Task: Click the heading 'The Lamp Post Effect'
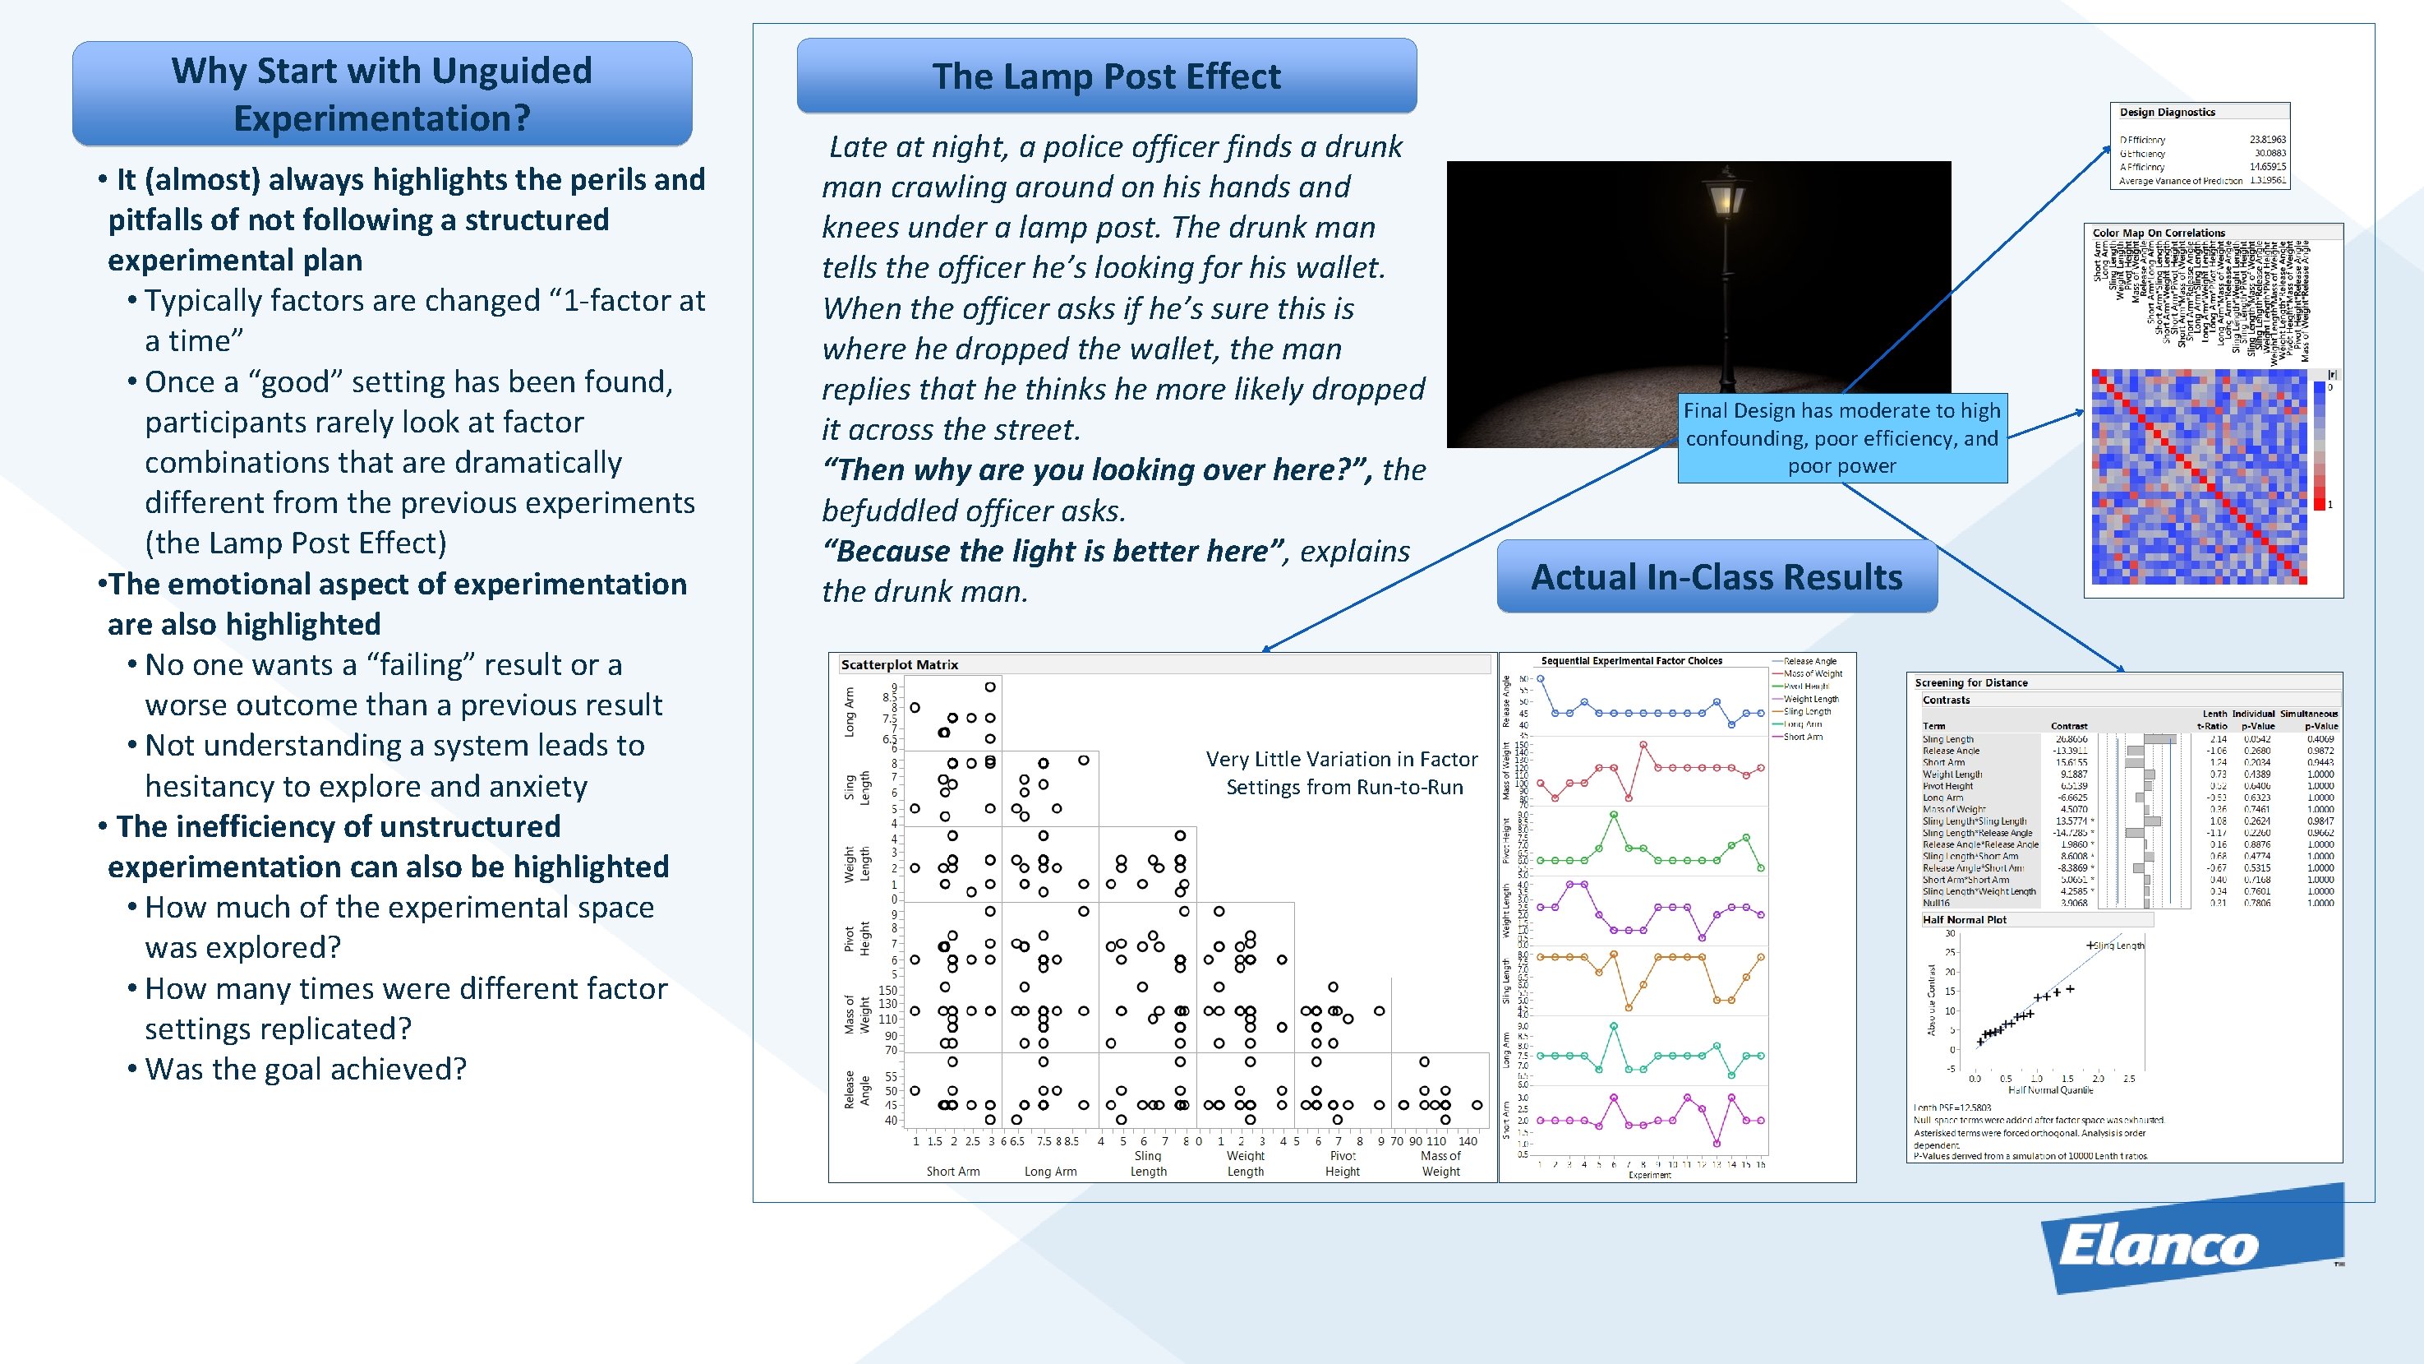click(1106, 76)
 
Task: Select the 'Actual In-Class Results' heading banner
click(1717, 576)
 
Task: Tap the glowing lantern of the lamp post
click(1725, 197)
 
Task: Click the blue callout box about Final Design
click(1841, 437)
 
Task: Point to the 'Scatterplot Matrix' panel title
click(899, 664)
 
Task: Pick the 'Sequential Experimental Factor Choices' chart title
click(1631, 661)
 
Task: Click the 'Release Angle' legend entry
click(1809, 661)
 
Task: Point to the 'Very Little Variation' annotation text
click(1343, 773)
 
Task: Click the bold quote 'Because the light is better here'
click(1052, 551)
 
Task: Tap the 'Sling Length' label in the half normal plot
click(2118, 946)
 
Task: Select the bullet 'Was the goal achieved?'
click(305, 1070)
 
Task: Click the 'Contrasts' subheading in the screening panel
click(1946, 700)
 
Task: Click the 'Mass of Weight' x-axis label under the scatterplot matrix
click(1440, 1163)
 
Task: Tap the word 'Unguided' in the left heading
click(512, 71)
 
